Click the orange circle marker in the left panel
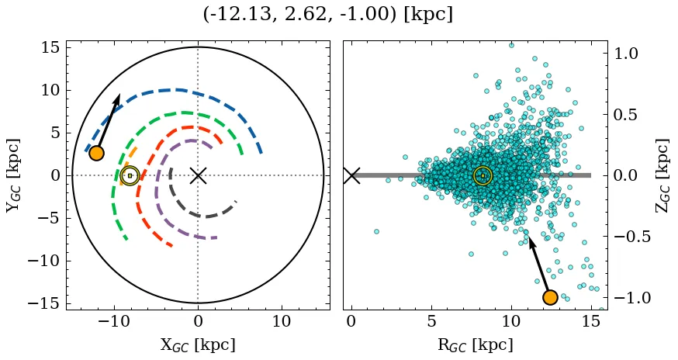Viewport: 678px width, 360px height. pyautogui.click(x=96, y=153)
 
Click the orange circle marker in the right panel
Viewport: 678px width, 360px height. pyautogui.click(x=550, y=297)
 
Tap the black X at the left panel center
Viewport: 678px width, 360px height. pyautogui.click(x=198, y=175)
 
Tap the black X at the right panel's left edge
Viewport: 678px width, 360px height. pyautogui.click(x=351, y=175)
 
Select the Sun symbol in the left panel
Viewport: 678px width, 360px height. pyautogui.click(x=130, y=175)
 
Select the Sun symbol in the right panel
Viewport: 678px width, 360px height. pyautogui.click(x=483, y=175)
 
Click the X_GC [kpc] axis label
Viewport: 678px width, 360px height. pyautogui.click(x=198, y=345)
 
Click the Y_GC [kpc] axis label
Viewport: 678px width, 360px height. pyautogui.click(x=13, y=175)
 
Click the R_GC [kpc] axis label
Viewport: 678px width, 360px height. pyautogui.click(x=475, y=345)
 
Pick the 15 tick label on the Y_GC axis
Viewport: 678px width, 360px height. pyautogui.click(x=50, y=47)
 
